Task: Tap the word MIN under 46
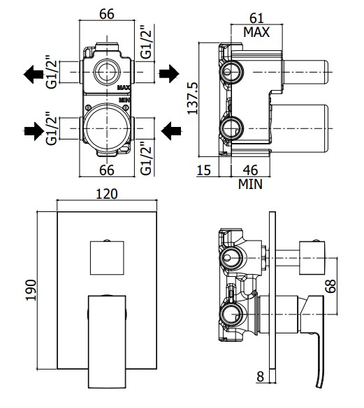(x=250, y=184)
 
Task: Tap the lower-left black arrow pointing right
(x=32, y=130)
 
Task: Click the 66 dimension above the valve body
(x=106, y=15)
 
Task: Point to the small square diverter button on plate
(x=106, y=257)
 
